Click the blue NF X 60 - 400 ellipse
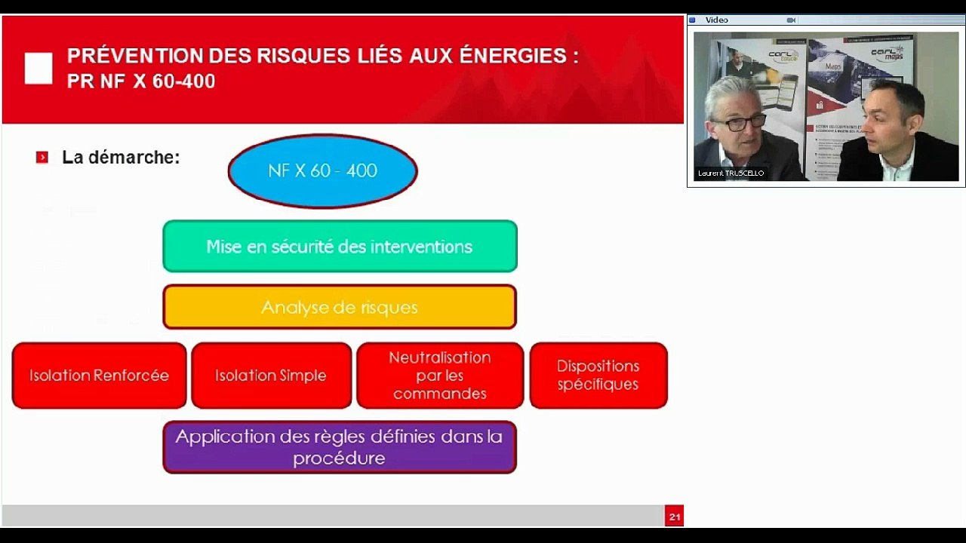coord(322,171)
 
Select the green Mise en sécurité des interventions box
coord(340,247)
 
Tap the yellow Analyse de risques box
coord(340,307)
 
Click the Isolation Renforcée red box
coord(99,376)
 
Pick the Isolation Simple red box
coord(271,376)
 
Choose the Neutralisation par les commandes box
coord(440,376)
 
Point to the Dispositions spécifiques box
coord(598,376)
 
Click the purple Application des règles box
coord(340,447)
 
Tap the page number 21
coord(674,517)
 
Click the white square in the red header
coord(38,69)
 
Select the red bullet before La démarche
coord(42,158)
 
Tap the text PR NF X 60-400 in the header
coord(141,81)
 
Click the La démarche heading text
coord(121,158)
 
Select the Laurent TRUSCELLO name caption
coord(731,173)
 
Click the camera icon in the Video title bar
coord(791,20)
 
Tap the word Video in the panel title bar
coord(717,20)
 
